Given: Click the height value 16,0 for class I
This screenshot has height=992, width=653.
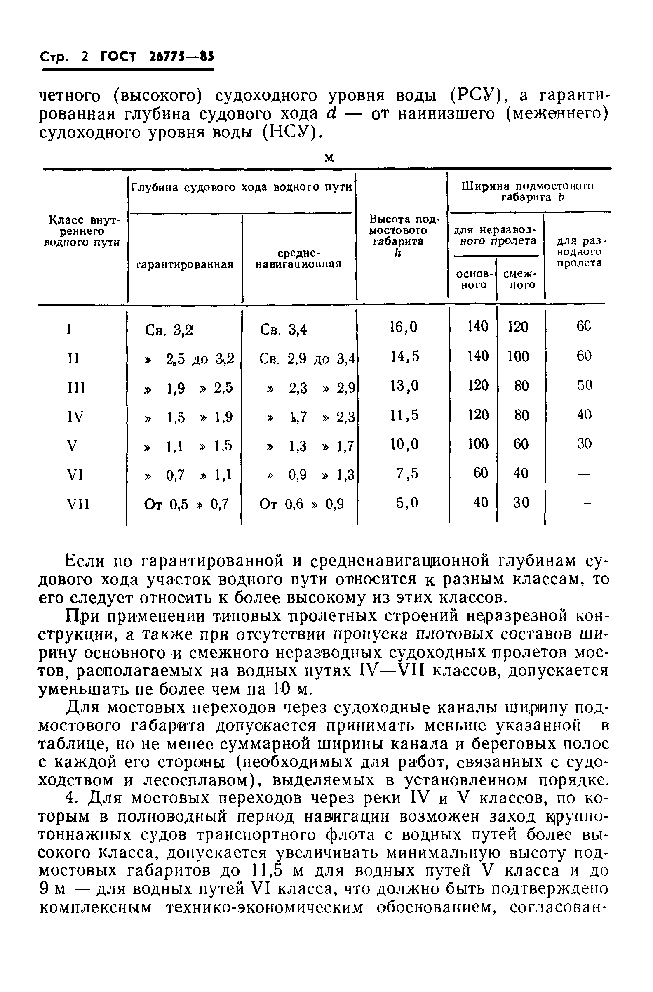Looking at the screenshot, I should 404,327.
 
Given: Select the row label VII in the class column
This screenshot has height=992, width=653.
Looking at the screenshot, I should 78,505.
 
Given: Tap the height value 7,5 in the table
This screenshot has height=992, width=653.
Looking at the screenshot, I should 406,474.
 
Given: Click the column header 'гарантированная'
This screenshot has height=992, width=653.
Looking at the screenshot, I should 185,265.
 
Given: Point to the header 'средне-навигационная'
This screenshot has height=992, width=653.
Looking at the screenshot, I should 298,259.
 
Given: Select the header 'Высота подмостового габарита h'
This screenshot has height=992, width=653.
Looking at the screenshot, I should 399,236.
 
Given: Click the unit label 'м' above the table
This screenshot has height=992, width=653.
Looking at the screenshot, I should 329,158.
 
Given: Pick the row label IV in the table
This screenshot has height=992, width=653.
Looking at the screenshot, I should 75,417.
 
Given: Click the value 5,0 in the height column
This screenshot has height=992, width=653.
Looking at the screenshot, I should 407,503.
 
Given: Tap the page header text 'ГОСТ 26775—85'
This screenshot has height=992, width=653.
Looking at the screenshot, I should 157,57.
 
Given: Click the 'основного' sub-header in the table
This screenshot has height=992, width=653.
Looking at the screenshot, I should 474,279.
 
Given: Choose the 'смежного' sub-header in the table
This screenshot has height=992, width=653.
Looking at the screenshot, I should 520,279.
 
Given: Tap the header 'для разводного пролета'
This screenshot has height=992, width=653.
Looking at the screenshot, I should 579,252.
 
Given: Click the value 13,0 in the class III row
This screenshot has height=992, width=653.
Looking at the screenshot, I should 404,386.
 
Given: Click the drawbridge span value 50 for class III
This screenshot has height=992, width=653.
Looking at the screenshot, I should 584,386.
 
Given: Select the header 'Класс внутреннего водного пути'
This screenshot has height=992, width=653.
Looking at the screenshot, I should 82,231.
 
